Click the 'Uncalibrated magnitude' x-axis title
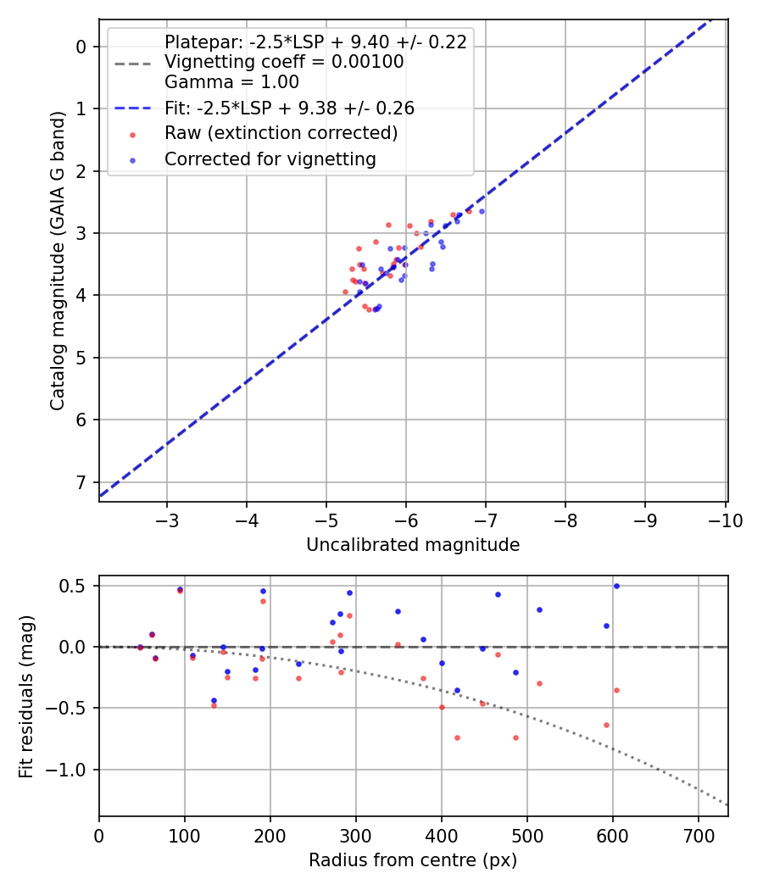point(413,545)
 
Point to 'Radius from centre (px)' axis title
point(413,860)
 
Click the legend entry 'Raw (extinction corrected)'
point(281,133)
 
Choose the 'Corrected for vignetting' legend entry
point(270,159)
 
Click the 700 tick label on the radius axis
point(698,834)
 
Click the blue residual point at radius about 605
point(616,586)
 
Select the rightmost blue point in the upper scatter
point(482,211)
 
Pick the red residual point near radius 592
point(606,725)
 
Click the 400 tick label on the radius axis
point(441,834)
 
